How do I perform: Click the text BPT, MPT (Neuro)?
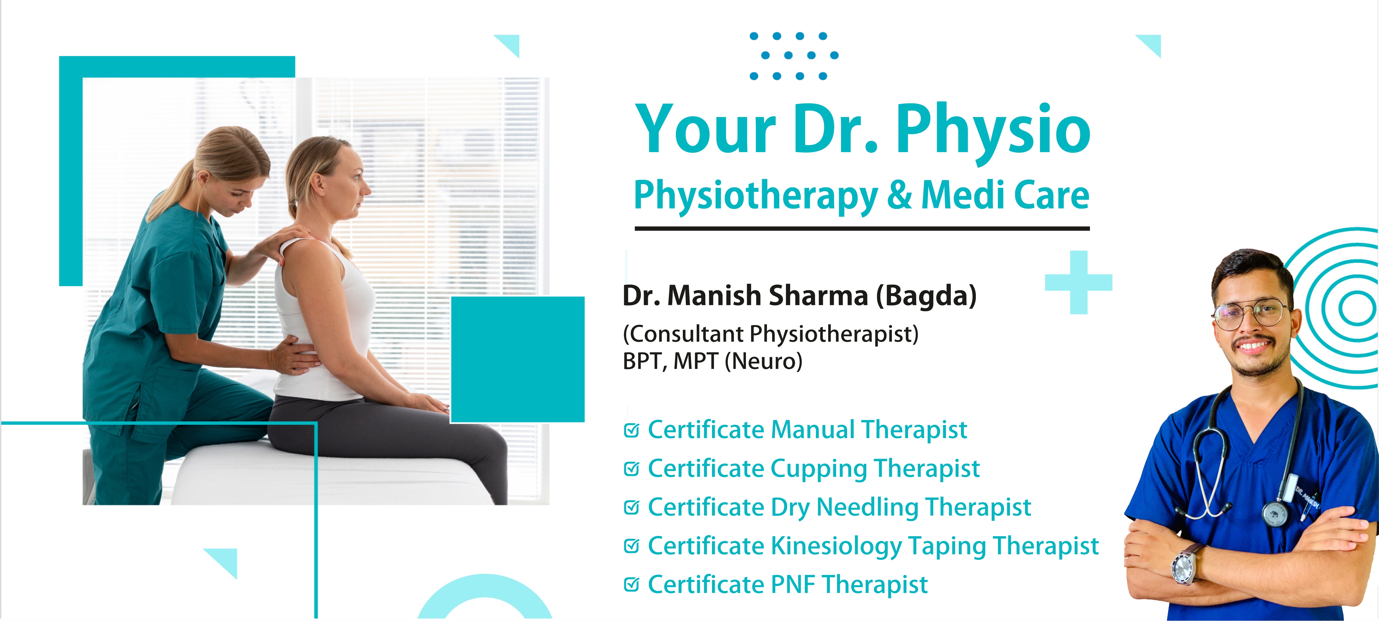pos(713,361)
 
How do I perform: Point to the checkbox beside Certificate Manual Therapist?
pos(632,430)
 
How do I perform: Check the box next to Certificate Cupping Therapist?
pos(632,469)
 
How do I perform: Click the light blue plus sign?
pos(1079,282)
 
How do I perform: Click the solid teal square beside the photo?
pos(518,359)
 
